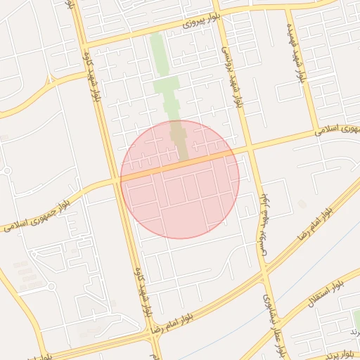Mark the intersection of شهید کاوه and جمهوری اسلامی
coord(117,181)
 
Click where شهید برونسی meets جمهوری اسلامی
coord(248,148)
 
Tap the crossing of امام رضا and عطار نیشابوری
coord(266,271)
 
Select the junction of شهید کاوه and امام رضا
coord(151,331)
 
